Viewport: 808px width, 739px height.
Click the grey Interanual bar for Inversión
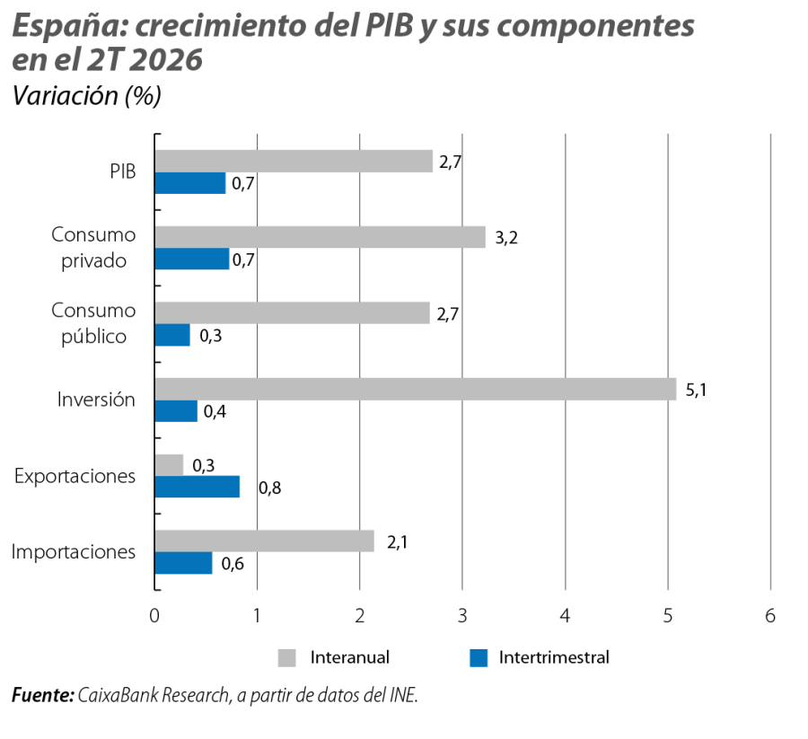(416, 389)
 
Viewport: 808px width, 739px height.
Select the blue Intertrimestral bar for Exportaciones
(198, 487)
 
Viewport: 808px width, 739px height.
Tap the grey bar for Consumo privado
(320, 237)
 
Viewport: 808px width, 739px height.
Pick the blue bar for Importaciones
(183, 563)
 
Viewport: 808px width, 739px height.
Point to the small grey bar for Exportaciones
(169, 465)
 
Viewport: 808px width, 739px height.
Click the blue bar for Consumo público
(172, 335)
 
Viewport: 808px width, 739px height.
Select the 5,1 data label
(696, 390)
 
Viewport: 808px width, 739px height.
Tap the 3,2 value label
(506, 238)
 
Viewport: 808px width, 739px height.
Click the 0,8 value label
(269, 488)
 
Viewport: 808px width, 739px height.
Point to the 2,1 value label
(398, 542)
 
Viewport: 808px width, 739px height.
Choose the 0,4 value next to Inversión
(215, 411)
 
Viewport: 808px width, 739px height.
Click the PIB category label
(123, 172)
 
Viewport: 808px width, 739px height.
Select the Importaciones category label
(74, 551)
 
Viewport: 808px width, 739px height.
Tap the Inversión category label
(96, 400)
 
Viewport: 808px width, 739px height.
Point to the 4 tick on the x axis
(566, 615)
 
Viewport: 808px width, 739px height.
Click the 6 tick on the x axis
(770, 615)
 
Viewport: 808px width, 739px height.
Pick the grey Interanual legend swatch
(286, 658)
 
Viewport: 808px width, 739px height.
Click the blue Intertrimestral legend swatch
(479, 658)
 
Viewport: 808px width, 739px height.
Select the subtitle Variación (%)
(86, 96)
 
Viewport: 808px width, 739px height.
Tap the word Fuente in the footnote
(43, 695)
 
